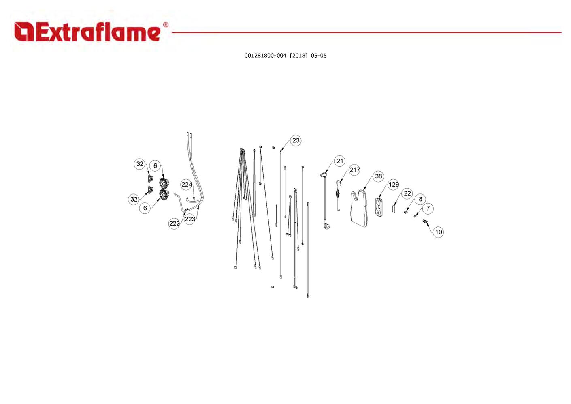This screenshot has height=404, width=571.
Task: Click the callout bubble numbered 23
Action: [x=296, y=140]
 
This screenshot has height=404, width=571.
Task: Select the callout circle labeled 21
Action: [x=339, y=161]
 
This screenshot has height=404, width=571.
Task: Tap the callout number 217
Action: [x=354, y=170]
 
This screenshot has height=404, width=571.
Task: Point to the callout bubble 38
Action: [x=379, y=176]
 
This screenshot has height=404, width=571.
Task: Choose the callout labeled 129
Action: [x=394, y=185]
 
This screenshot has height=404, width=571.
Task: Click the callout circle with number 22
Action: [x=407, y=193]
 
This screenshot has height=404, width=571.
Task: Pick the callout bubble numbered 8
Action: [x=420, y=199]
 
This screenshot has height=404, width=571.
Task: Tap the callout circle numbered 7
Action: [x=428, y=208]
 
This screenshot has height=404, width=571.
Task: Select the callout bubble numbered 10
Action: [x=439, y=232]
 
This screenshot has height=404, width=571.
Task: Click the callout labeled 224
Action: [x=187, y=185]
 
